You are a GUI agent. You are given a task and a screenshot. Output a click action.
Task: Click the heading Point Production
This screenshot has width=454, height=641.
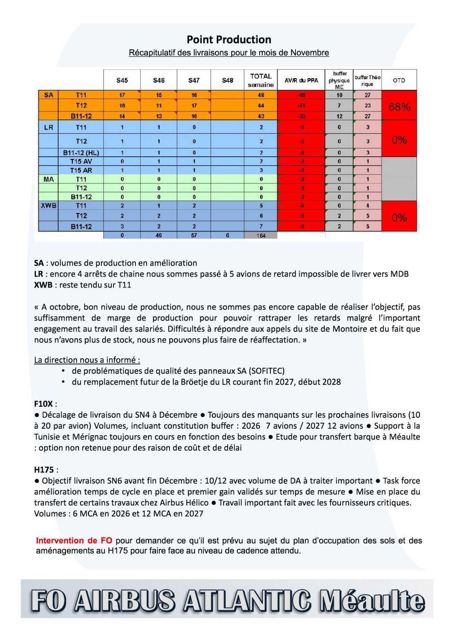(229, 40)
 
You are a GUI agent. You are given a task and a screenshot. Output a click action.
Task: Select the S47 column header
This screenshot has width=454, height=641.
(194, 80)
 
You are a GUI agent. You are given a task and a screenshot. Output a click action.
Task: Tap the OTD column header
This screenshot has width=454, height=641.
(399, 80)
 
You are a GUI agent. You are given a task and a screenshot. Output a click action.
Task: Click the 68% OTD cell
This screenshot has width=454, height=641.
(399, 107)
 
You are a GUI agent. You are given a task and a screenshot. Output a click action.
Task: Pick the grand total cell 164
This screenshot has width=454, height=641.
(261, 235)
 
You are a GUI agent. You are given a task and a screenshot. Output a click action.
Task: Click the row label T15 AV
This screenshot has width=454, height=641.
(81, 161)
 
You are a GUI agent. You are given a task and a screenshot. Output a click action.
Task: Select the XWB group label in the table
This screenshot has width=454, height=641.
(48, 206)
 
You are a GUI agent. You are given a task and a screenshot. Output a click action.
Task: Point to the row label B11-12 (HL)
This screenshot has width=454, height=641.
(81, 153)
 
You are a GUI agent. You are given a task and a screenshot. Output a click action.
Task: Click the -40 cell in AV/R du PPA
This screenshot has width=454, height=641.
(301, 95)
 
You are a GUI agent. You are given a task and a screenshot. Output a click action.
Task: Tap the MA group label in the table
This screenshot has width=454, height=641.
(48, 179)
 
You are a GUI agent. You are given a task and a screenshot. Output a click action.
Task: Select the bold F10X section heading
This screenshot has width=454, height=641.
(44, 404)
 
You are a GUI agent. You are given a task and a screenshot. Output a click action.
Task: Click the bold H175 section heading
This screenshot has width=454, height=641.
(44, 470)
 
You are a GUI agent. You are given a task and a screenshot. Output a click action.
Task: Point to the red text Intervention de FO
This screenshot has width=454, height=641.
(74, 541)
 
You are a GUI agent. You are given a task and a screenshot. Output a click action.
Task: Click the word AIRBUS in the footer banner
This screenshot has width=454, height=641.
(125, 601)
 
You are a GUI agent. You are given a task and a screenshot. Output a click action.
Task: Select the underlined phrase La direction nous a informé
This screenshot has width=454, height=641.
(87, 360)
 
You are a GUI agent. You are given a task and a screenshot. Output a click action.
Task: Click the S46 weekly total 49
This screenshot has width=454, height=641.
(159, 235)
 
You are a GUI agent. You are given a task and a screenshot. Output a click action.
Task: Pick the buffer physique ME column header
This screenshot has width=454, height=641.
(339, 80)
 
